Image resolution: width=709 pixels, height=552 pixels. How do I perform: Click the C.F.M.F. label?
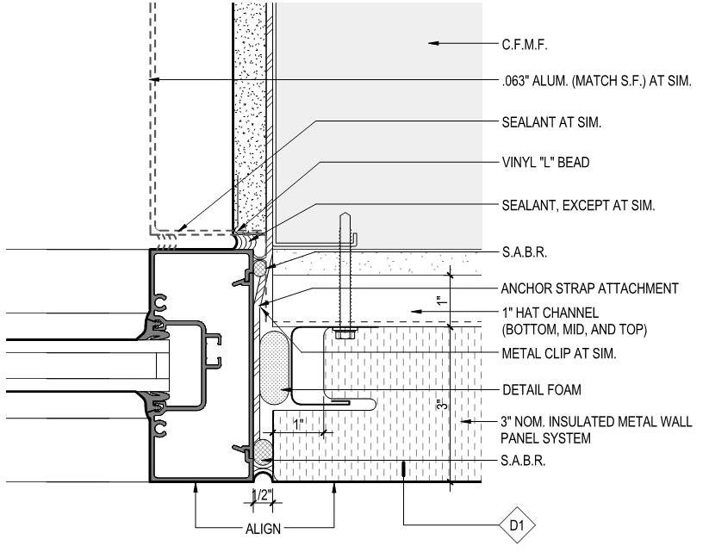pos(525,45)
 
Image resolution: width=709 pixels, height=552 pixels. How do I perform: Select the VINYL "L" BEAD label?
pos(546,162)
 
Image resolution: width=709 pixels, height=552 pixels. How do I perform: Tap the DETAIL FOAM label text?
pos(542,390)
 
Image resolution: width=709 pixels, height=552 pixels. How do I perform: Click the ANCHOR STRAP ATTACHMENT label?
pos(589,288)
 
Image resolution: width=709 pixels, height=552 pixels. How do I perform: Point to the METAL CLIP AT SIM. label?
pos(559,354)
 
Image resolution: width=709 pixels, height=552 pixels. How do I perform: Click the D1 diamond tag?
pos(517,525)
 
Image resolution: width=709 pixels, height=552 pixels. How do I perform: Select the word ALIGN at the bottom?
pos(263,529)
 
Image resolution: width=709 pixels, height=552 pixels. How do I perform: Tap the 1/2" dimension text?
pos(262,495)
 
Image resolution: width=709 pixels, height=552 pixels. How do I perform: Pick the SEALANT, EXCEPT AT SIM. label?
pos(578,206)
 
